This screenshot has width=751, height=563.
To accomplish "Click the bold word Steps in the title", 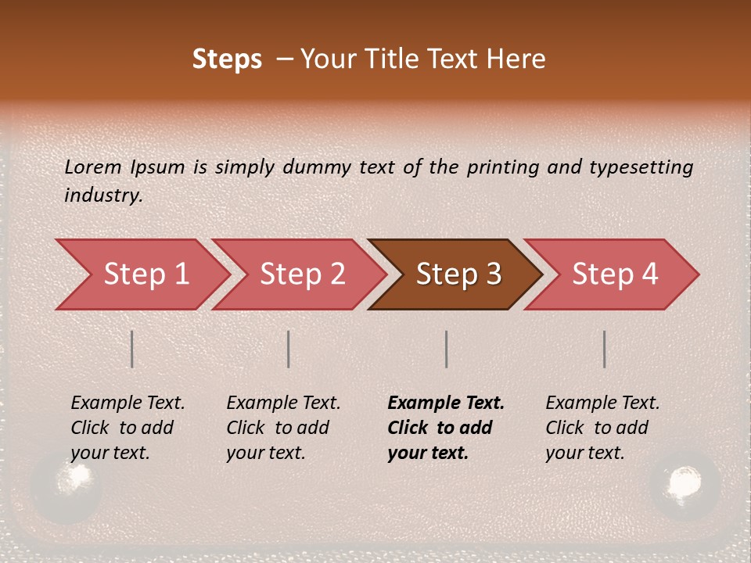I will click(x=227, y=59).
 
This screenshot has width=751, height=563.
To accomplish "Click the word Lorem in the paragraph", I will click(x=92, y=167).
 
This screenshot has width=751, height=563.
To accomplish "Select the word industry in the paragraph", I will click(x=103, y=195).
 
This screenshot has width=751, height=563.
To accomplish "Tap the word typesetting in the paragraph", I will click(x=641, y=167).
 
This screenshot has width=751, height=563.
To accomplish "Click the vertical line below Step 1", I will click(x=132, y=349).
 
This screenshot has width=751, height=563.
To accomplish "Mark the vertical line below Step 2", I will click(x=289, y=349).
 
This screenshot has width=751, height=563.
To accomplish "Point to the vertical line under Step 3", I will click(x=446, y=349).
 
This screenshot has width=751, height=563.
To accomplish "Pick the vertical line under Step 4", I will click(x=604, y=349).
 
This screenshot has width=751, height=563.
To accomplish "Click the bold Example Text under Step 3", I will click(x=446, y=403).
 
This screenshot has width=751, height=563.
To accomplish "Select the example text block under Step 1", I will click(x=127, y=428).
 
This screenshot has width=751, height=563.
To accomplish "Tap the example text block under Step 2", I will click(x=282, y=428).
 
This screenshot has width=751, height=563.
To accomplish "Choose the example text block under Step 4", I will click(x=602, y=428).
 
